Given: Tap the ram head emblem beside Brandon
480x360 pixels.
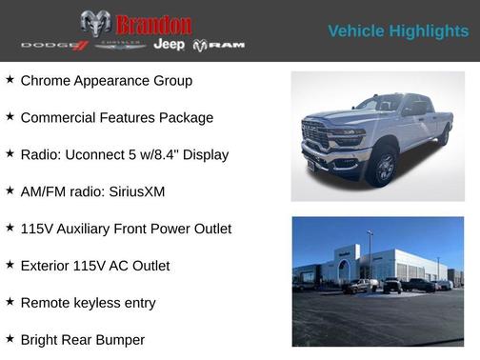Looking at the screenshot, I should click(x=95, y=24).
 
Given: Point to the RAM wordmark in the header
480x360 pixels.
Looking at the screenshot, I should click(x=220, y=46).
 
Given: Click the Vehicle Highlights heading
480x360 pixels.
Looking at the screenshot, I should click(x=398, y=31).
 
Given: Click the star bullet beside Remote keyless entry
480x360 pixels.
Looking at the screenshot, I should click(x=10, y=301).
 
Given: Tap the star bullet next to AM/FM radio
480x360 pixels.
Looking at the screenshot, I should click(x=10, y=190).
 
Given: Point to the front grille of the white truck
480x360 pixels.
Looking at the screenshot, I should click(x=316, y=135).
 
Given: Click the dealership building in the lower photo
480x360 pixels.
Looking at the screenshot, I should click(x=386, y=264).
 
